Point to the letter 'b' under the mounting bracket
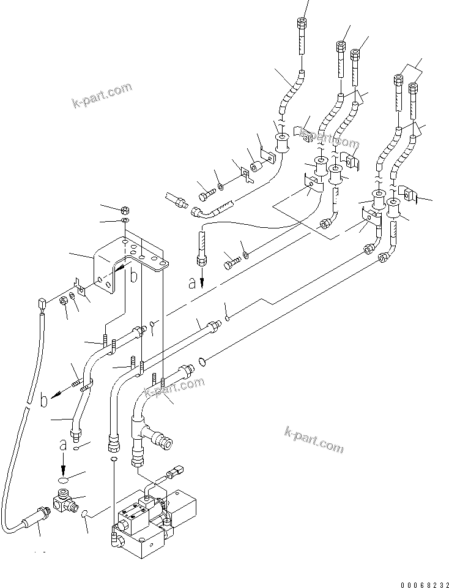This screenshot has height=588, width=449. coord(133,277)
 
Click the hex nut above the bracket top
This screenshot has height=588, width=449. coord(124,209)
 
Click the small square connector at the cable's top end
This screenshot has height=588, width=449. coord(42,302)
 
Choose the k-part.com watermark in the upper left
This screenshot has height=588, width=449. coord(102,95)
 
